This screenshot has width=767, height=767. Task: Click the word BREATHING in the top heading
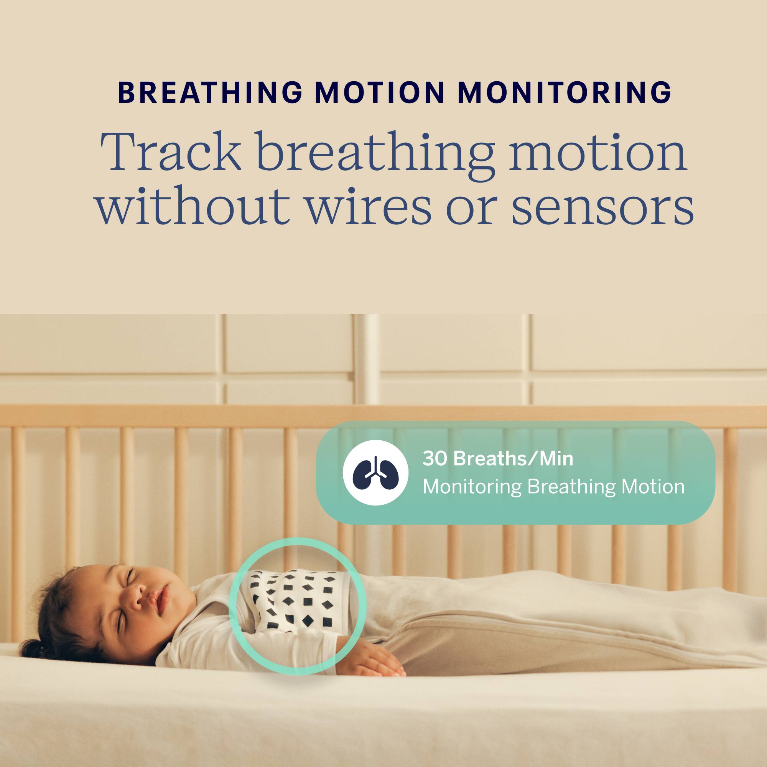(x=211, y=92)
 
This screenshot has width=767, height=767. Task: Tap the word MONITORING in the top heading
(x=565, y=92)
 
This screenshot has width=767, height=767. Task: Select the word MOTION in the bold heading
(x=380, y=92)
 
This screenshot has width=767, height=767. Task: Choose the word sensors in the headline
(x=602, y=207)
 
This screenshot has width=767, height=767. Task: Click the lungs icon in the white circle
(x=375, y=472)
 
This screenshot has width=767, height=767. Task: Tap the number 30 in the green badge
(x=435, y=459)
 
